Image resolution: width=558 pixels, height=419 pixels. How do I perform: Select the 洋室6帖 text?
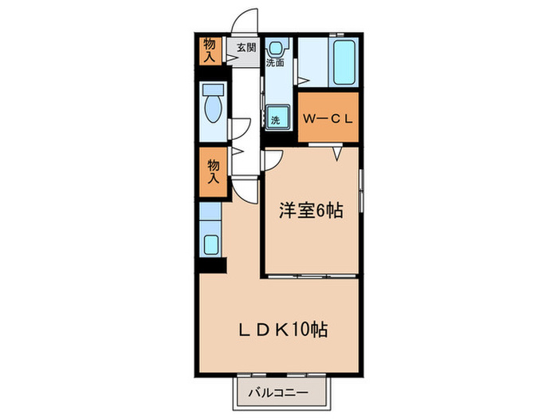coord(310,211)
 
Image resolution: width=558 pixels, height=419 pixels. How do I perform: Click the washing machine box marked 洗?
coord(275,119)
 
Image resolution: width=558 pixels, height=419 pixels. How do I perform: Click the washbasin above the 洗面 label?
coord(275,45)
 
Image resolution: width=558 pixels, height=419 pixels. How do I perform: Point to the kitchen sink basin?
coord(212,243)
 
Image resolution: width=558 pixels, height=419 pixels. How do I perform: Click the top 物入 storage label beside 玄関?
coord(209,49)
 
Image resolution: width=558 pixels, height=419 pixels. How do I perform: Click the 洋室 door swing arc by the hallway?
coord(272,159)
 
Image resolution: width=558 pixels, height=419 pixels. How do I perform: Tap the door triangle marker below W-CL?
coord(337,152)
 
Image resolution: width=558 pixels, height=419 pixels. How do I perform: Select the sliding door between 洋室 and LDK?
coord(311,275)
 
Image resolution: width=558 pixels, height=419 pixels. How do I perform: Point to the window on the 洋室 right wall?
coord(361,192)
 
